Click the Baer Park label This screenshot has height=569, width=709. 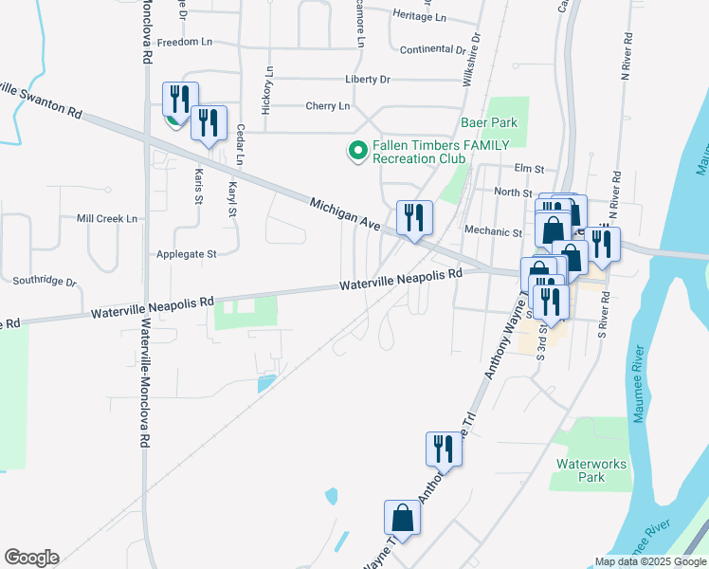click(x=489, y=122)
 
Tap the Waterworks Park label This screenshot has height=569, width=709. click(x=580, y=470)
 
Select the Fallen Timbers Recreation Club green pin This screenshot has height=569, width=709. click(x=357, y=151)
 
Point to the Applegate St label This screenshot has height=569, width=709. click(x=187, y=254)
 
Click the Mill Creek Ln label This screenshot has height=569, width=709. click(x=107, y=218)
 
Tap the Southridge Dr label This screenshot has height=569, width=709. click(x=45, y=282)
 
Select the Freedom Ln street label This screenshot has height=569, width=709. click(x=184, y=43)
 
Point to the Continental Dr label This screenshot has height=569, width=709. click(x=434, y=49)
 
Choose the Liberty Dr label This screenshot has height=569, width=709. click(x=372, y=80)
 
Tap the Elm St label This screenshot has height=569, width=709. click(x=528, y=169)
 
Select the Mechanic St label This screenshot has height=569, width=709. click(x=494, y=231)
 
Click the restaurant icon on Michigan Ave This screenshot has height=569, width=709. click(x=413, y=217)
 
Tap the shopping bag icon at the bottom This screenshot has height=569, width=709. click(x=402, y=518)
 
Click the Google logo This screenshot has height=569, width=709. click(x=31, y=558)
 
